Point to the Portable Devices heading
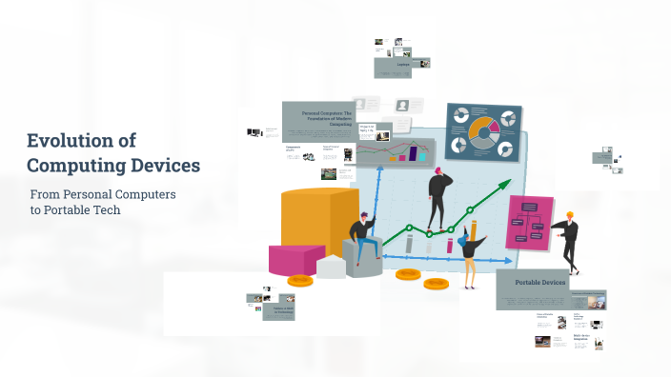540,283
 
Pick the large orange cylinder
319,223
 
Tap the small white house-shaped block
331,266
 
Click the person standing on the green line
439,200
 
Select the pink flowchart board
530,223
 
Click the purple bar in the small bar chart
414,152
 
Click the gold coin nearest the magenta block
300,280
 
